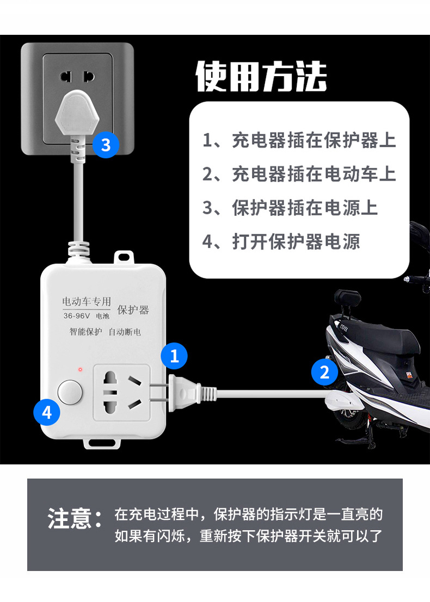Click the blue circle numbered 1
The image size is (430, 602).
(x=174, y=356)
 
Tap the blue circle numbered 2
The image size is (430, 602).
(x=325, y=373)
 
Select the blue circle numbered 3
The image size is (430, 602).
(x=106, y=145)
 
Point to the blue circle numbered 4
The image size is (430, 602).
(x=47, y=413)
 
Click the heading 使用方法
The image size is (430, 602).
(x=261, y=77)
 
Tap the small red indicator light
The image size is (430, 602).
(x=80, y=370)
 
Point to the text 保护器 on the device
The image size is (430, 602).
(x=133, y=310)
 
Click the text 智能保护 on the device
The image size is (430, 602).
(x=85, y=332)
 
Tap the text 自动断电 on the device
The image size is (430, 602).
(x=125, y=332)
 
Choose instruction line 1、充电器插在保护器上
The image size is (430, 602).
(x=299, y=140)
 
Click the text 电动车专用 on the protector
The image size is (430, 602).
(x=87, y=301)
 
